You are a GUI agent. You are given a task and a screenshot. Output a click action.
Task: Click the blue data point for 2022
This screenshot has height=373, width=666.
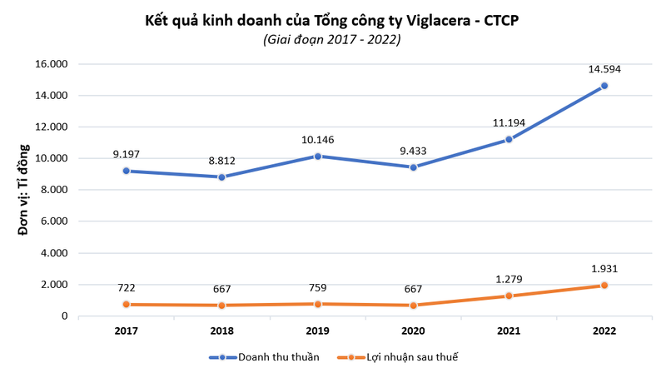[x=604, y=86]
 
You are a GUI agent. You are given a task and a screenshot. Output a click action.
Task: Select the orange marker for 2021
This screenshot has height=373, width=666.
[x=509, y=296]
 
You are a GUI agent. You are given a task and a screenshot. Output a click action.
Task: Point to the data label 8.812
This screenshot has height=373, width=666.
[x=221, y=158]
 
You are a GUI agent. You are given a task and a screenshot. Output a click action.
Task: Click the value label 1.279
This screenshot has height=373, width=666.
[x=509, y=277]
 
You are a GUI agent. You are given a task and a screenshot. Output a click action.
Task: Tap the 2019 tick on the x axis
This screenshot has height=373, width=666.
[x=317, y=331]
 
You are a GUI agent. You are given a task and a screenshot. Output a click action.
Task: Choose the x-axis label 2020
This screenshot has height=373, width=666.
[x=413, y=331]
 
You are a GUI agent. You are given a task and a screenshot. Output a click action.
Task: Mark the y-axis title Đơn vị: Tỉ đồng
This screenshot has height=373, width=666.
[x=24, y=190]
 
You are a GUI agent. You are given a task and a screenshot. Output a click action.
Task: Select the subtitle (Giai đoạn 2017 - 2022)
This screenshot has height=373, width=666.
[x=332, y=40]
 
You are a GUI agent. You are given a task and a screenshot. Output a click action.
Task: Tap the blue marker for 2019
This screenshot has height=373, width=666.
[x=317, y=156]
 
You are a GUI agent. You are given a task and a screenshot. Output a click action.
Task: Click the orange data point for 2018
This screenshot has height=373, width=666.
[x=221, y=306]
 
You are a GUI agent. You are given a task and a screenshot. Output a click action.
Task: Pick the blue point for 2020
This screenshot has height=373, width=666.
[x=413, y=167]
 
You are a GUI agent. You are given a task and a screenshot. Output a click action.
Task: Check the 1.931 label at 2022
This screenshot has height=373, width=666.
[x=604, y=268]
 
